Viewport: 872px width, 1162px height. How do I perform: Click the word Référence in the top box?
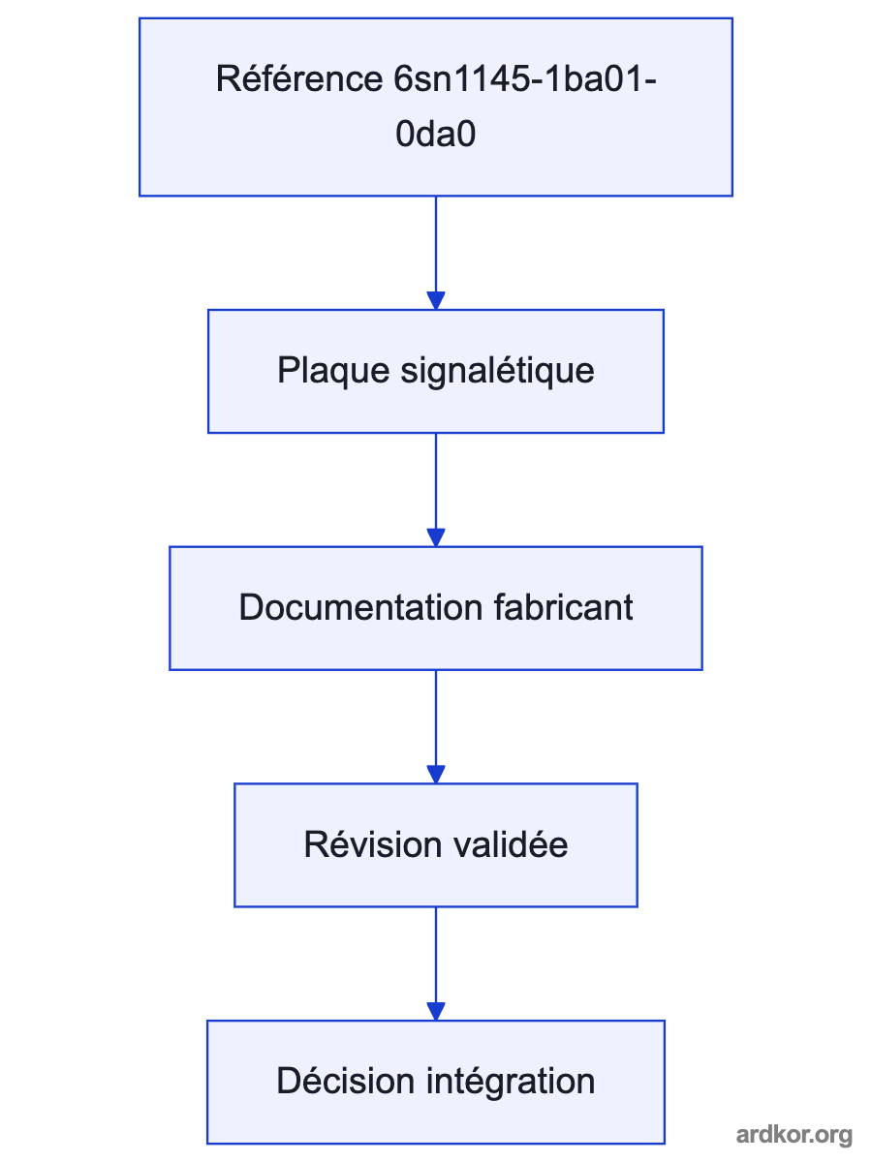click(298, 78)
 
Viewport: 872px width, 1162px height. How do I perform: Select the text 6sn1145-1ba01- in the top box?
click(525, 79)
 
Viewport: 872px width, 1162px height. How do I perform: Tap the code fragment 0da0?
click(435, 134)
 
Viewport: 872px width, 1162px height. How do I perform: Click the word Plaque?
click(333, 372)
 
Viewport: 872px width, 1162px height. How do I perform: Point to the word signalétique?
click(497, 371)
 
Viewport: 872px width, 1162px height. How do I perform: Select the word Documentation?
click(360, 607)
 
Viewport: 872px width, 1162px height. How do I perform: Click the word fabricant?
click(563, 607)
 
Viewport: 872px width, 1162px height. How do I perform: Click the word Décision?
click(345, 1081)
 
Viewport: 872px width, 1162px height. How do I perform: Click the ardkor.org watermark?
click(794, 1135)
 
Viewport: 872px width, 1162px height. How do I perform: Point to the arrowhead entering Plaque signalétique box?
click(436, 301)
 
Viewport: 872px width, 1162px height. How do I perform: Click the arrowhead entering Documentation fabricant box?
click(436, 537)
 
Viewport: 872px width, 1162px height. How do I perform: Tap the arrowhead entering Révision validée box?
click(436, 774)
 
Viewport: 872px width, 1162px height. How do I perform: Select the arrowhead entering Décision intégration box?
click(436, 1011)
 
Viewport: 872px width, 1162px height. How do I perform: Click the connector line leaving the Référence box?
click(436, 244)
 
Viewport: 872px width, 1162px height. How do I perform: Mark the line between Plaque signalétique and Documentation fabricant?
click(436, 480)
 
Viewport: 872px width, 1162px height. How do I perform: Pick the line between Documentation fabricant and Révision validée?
click(436, 718)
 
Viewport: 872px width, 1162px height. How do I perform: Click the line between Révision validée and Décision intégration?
click(436, 955)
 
